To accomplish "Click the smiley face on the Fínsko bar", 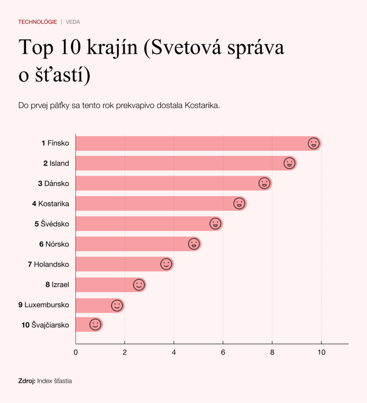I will point(313,144).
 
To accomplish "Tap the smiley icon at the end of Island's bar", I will point(289,163).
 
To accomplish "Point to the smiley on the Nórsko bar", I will point(194,244).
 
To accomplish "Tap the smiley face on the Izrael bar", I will point(139,285).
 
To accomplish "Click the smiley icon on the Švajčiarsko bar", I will point(95,325).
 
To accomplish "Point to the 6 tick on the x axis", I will point(223,352).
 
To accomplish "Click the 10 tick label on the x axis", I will point(321,352).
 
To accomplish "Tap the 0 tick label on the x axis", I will point(76,352).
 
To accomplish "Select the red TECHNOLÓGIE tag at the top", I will point(37,22).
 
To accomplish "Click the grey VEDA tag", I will point(73,22).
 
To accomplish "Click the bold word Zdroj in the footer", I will point(27,381).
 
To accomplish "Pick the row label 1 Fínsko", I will point(55,143).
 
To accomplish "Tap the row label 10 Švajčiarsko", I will point(46,325).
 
